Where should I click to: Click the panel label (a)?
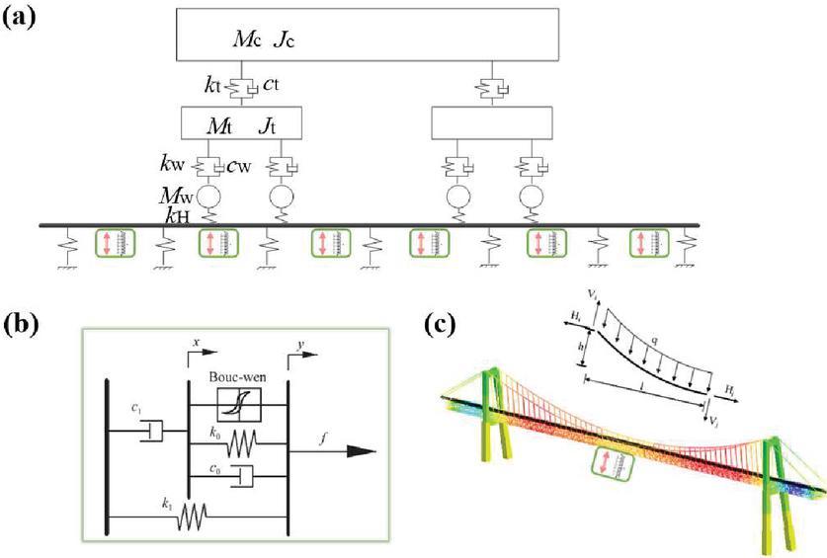coord(22,19)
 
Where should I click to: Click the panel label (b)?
coord(22,324)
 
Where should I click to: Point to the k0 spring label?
coord(215,431)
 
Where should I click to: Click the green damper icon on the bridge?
coord(608,464)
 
